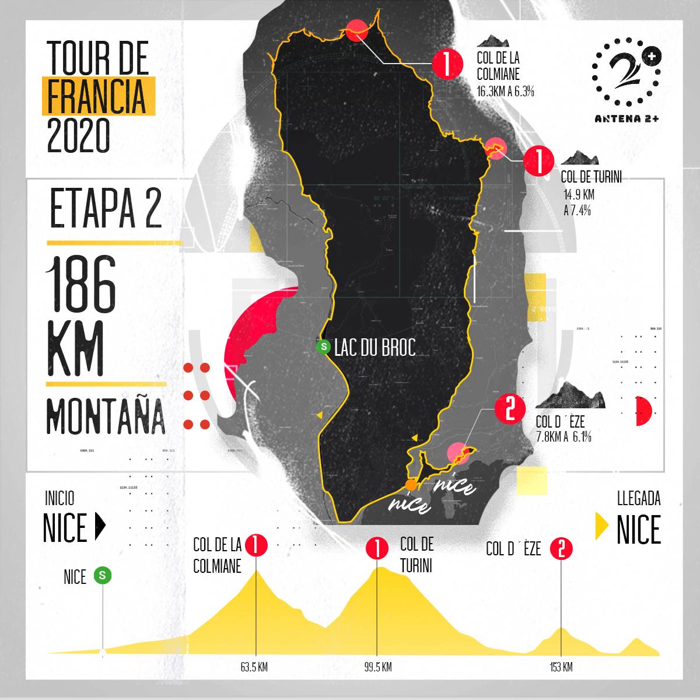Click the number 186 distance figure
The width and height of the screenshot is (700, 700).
pos(81,284)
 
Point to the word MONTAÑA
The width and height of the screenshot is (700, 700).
pos(106,415)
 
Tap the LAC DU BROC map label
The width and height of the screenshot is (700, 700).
pos(375,348)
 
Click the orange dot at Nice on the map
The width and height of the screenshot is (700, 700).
pos(411,484)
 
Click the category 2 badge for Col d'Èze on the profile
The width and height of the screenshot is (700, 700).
pos(561,548)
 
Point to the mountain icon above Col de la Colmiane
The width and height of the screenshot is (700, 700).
pos(493,41)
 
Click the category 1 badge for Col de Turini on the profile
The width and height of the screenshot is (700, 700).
pos(377,548)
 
